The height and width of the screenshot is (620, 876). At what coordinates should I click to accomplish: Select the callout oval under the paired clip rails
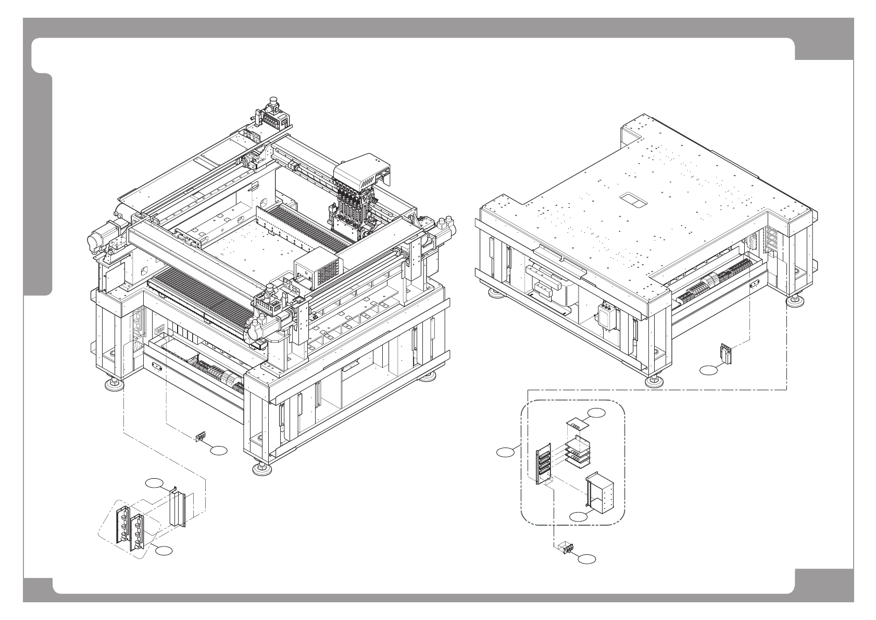tap(165, 550)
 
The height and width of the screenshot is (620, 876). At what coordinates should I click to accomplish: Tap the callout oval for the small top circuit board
tap(597, 413)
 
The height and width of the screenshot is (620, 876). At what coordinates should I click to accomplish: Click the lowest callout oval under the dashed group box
tap(587, 559)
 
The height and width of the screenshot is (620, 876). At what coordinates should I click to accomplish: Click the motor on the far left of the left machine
tap(101, 237)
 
